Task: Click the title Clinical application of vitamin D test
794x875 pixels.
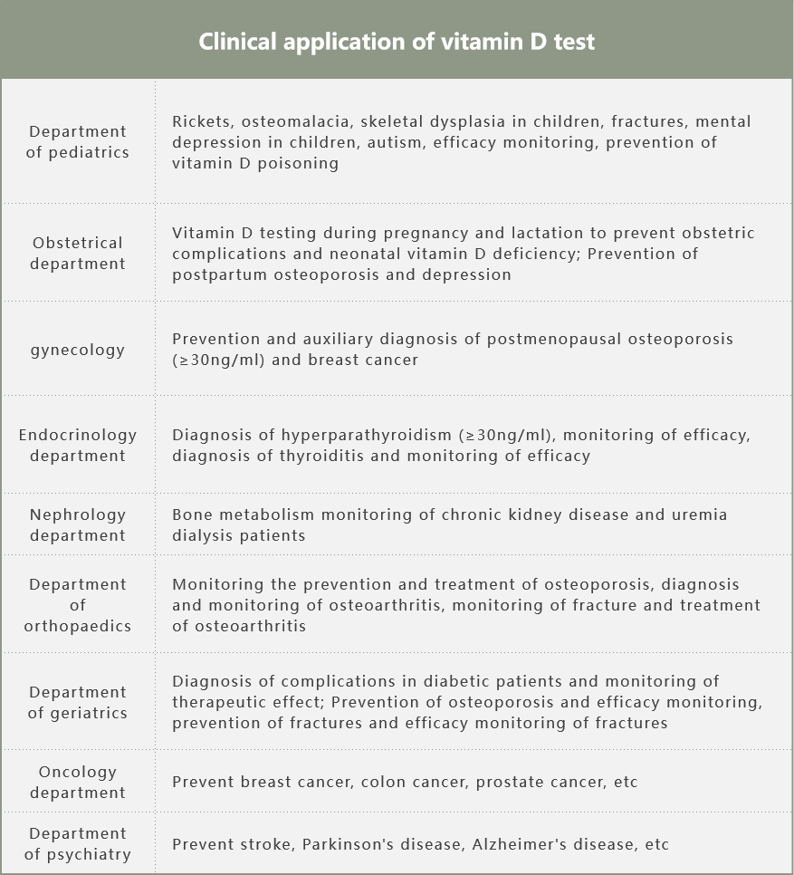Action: (x=397, y=42)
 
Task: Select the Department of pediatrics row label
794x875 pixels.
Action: (x=78, y=142)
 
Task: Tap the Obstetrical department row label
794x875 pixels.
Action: (x=78, y=254)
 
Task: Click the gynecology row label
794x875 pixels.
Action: (x=78, y=350)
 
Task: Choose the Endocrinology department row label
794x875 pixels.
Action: (x=78, y=445)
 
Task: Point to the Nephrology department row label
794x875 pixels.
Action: (x=78, y=524)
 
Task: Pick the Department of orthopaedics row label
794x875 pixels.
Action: (x=78, y=605)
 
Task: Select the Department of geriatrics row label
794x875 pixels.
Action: (x=78, y=702)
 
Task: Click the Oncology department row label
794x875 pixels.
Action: (x=78, y=782)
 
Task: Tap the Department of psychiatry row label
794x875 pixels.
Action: (x=78, y=843)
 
